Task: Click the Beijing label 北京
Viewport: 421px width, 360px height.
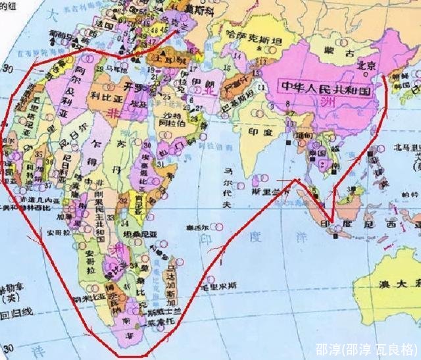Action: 366,64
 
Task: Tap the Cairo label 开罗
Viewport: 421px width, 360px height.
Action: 137,88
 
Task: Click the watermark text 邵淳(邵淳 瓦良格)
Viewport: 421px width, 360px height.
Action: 365,347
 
